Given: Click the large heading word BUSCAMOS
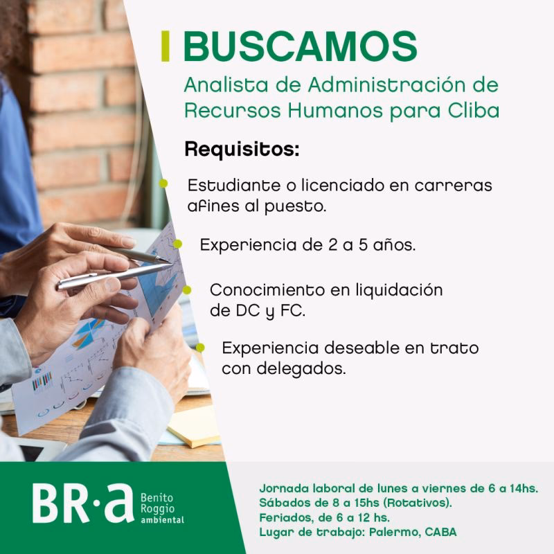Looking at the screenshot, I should click(300, 46).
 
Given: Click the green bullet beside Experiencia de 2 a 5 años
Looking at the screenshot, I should click(177, 244).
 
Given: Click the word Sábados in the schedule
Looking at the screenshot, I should click(284, 502).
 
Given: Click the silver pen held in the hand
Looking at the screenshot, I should click(111, 273).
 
